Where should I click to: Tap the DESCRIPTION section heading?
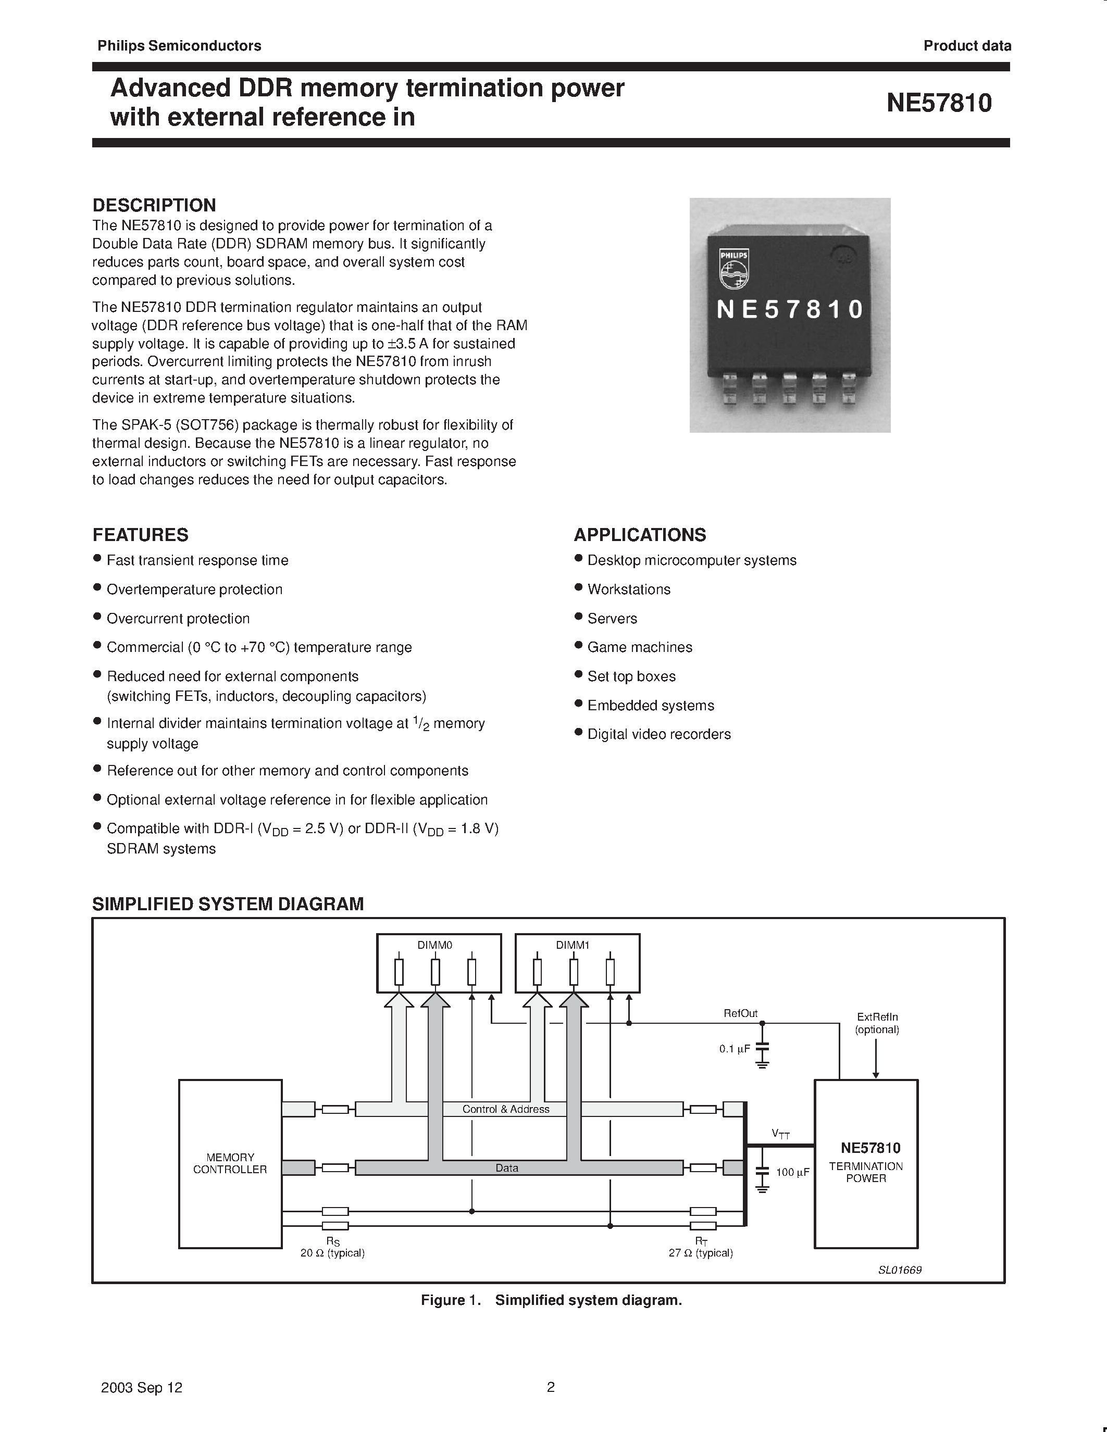coord(154,205)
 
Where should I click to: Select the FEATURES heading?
coord(140,534)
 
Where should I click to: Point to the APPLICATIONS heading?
coord(640,534)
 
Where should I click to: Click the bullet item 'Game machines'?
coord(639,647)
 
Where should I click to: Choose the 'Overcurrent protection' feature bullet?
coord(178,618)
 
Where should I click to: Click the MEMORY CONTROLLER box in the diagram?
coord(230,1163)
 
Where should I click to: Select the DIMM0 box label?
coord(435,945)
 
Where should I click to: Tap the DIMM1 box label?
coord(573,945)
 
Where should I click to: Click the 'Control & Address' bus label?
coord(506,1109)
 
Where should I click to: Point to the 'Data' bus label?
coord(506,1168)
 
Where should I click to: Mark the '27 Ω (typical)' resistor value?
coord(700,1253)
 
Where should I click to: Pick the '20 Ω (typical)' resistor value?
coord(332,1253)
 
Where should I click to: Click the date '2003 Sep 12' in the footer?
coord(142,1387)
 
